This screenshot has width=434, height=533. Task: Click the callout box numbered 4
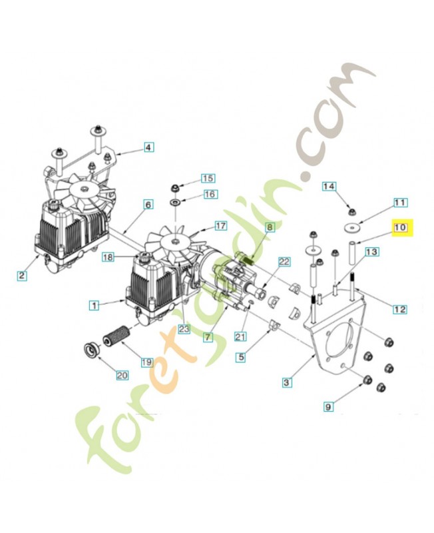tap(148, 147)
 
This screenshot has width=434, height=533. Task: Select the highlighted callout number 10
tap(401, 229)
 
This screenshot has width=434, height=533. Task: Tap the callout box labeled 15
tap(208, 178)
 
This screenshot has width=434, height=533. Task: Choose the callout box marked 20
tap(122, 376)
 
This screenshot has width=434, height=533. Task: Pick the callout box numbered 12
tap(400, 309)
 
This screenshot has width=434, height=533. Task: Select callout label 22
tap(284, 263)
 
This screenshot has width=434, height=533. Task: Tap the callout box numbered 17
tap(220, 226)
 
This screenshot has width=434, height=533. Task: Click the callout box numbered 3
tap(286, 382)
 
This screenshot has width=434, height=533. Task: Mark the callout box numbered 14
tap(329, 187)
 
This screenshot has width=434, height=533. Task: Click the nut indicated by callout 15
tap(174, 186)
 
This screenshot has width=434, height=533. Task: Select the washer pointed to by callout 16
tap(174, 202)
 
